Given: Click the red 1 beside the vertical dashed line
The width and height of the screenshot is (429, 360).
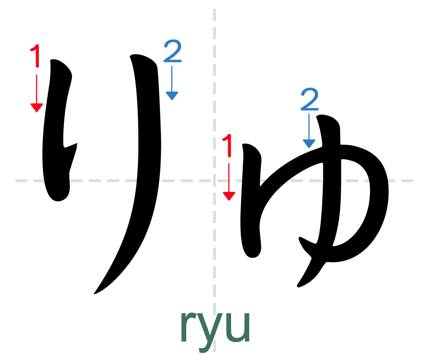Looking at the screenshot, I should coord(228,146).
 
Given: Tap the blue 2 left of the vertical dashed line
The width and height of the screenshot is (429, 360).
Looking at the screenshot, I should coord(173,51).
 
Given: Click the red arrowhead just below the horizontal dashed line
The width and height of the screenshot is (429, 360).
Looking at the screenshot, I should coord(229,196).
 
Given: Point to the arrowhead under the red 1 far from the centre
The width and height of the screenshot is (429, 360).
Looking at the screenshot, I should coord(37,108).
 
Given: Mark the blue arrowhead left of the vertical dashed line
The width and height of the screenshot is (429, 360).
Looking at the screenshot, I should coord(172,96).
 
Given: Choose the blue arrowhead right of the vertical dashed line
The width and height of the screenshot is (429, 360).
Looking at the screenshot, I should coord(309,144).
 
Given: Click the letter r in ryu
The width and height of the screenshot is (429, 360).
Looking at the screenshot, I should coord(188,326).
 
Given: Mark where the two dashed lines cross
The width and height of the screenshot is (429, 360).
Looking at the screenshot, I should coord(214,181).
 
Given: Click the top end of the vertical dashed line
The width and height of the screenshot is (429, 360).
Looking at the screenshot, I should coord(214,9).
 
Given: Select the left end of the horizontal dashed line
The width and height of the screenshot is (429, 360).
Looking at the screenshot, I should coord(16,181).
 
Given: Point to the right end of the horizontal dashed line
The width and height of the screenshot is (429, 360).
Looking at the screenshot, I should coord(413,181).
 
